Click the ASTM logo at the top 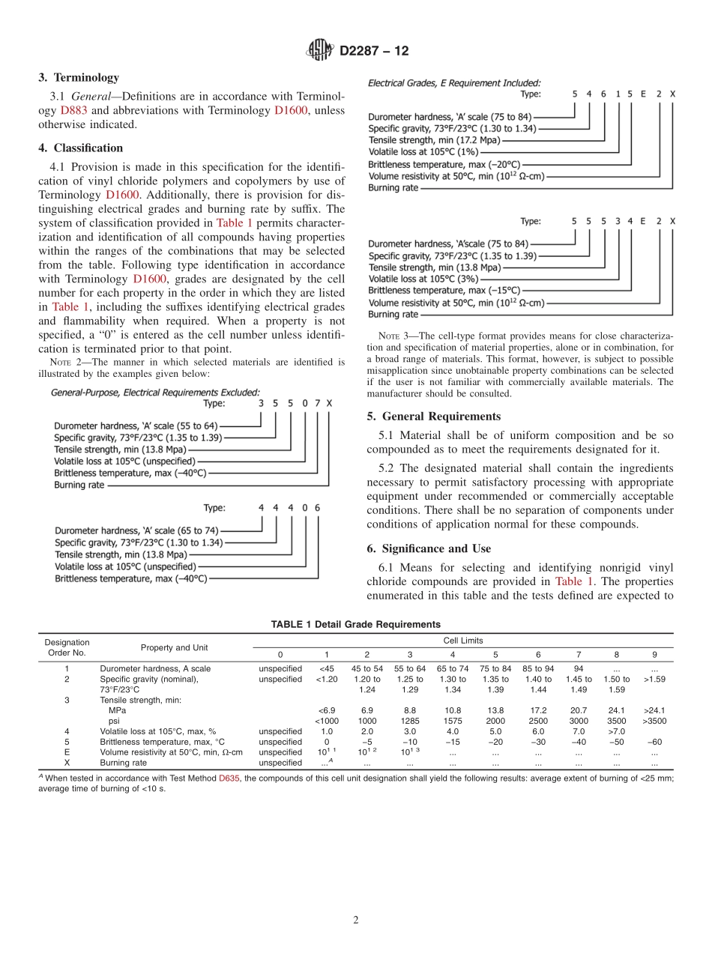coord(320,51)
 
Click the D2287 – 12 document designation coord(374,51)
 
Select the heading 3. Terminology coord(79,77)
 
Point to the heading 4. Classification coord(81,148)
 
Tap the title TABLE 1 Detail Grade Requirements coord(355,624)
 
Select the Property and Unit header coord(175,647)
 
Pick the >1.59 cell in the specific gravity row coord(655,680)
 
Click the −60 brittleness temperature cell coord(655,742)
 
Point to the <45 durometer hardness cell coord(326,668)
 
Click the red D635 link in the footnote coord(229,778)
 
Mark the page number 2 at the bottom coord(356,920)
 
